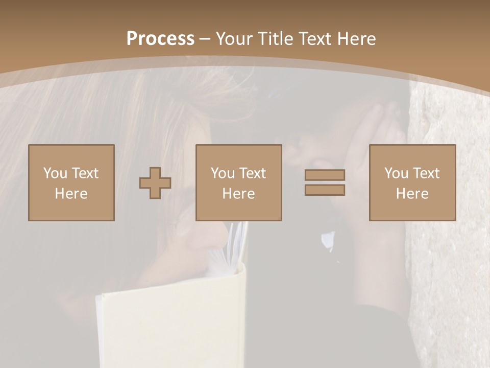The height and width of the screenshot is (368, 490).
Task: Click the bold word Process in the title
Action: point(160,39)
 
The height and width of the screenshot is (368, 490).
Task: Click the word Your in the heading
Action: point(234,39)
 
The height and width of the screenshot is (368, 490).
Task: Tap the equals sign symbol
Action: point(325,182)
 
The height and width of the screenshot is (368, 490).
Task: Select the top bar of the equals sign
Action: point(325,175)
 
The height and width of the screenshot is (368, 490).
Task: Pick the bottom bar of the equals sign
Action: point(325,190)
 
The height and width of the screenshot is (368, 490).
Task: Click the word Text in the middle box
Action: point(253,173)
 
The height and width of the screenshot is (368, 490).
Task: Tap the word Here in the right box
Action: point(412,194)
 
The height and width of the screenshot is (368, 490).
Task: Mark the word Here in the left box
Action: point(71,194)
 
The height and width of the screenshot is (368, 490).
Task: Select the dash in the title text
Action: point(205,39)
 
